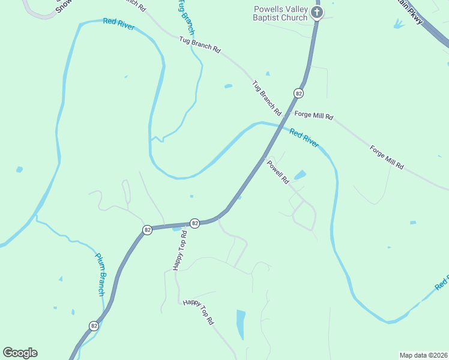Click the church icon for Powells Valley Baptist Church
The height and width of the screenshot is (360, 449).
(x=318, y=12)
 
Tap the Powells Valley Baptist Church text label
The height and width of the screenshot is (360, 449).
(x=281, y=13)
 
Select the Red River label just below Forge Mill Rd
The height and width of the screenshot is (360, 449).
(x=304, y=137)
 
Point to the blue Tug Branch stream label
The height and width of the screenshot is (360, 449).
(x=187, y=17)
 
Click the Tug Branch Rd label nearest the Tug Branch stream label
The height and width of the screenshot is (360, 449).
(x=199, y=46)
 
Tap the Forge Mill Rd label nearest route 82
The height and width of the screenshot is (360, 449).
(x=313, y=115)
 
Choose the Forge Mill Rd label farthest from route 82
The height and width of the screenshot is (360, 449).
(x=387, y=157)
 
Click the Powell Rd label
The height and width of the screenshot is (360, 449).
(x=278, y=172)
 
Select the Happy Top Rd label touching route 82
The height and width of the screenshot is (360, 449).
(x=178, y=250)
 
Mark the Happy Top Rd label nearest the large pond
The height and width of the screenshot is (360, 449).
(x=198, y=312)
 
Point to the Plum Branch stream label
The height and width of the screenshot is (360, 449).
(x=101, y=274)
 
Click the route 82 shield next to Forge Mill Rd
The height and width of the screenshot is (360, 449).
(x=298, y=93)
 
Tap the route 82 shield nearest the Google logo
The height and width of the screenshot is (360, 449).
(x=94, y=326)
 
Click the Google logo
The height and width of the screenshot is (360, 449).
(x=20, y=353)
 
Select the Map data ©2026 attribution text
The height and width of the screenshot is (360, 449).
(x=423, y=355)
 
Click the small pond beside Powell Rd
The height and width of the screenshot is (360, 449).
(x=300, y=175)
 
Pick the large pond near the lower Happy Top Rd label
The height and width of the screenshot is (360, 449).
(x=241, y=325)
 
